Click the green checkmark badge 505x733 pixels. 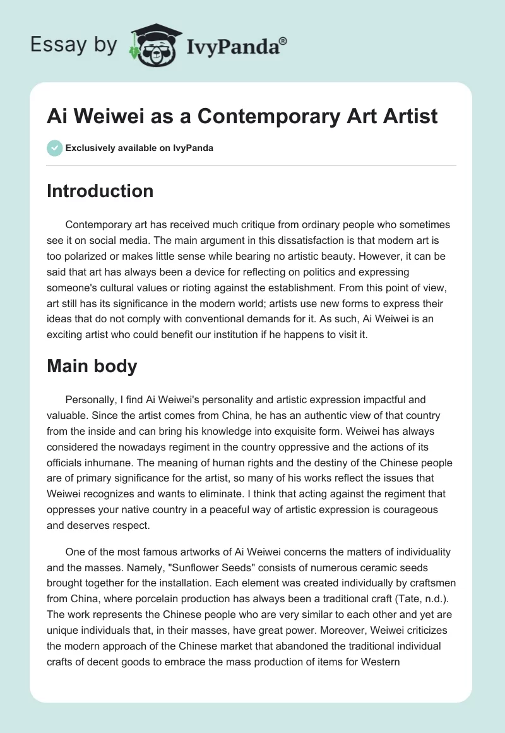(x=54, y=148)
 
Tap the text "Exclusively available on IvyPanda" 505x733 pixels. (x=139, y=148)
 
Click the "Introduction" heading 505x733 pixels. (x=100, y=191)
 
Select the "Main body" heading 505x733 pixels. (x=92, y=366)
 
